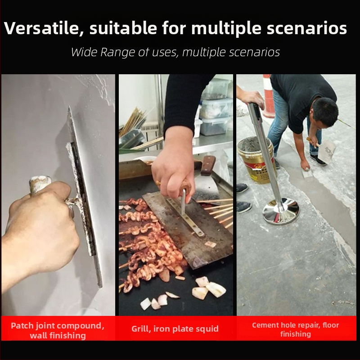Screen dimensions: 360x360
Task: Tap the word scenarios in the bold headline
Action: point(306,28)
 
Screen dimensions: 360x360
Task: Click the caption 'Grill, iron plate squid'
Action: point(175,328)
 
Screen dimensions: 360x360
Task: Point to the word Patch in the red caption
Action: point(22,325)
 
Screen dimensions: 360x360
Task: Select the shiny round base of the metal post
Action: point(281,211)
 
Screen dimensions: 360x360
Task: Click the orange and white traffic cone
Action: point(269,96)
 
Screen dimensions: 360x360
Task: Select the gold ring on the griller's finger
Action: point(158,183)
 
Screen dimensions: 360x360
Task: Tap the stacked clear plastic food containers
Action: point(216,108)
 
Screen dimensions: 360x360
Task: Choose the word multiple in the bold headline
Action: point(226,28)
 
